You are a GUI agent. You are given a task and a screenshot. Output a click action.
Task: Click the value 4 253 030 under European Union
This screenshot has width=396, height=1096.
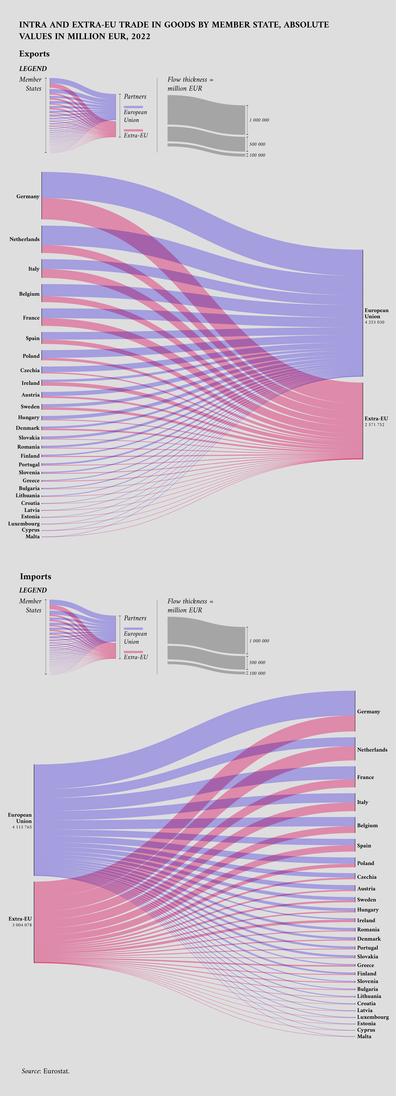374,322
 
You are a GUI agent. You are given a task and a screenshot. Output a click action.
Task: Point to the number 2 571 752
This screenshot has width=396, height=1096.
374,425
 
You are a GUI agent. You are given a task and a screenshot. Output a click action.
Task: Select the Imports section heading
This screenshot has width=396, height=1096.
35,577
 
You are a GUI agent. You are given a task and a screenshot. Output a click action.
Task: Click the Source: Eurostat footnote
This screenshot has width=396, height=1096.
46,1071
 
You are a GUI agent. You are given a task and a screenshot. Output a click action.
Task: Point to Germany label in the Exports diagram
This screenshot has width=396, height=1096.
28,197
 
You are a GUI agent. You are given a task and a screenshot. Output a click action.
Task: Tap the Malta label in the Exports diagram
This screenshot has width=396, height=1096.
32,537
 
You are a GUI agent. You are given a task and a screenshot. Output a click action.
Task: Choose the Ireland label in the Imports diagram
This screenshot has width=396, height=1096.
366,920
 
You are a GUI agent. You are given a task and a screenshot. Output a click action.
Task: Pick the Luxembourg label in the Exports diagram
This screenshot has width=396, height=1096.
24,524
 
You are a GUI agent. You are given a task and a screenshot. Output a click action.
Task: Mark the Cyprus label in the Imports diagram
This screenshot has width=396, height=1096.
366,1030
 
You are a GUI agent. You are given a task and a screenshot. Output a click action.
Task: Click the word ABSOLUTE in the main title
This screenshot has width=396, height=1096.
306,25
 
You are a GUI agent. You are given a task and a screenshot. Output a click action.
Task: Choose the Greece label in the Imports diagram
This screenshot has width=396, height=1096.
365,965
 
